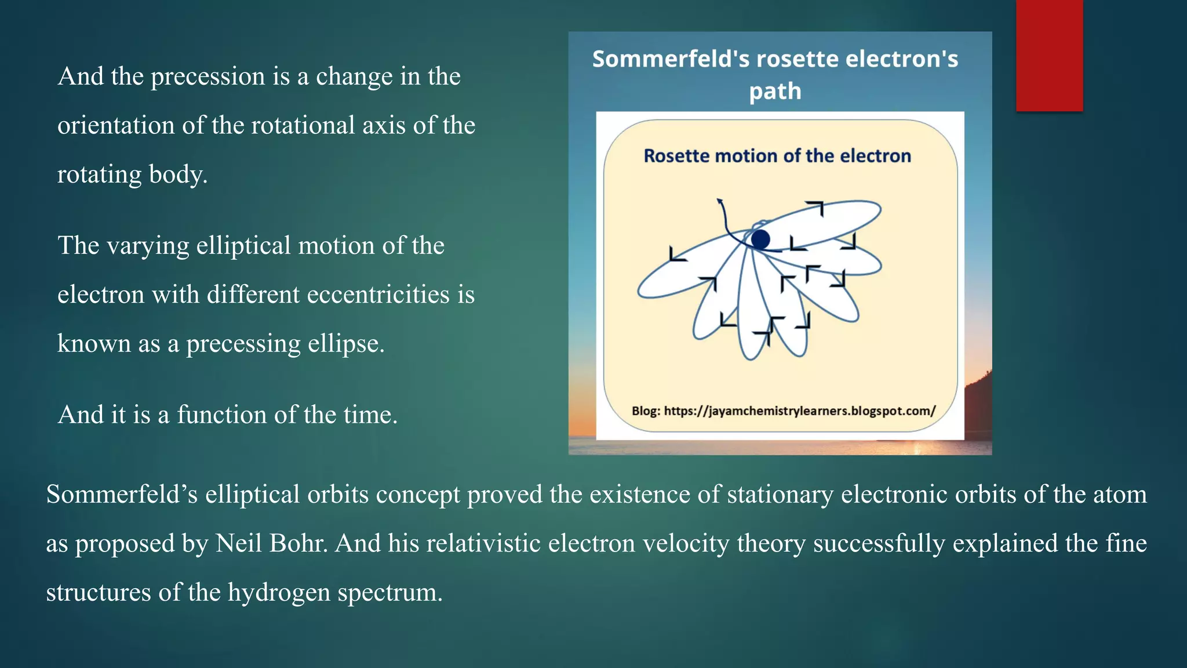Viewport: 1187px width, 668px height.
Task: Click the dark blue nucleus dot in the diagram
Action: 760,239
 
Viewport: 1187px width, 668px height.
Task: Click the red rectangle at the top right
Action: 1049,55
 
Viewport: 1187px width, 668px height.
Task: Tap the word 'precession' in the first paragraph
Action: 207,77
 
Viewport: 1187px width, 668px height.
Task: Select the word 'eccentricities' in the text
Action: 378,295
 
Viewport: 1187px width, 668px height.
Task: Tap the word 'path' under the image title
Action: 775,91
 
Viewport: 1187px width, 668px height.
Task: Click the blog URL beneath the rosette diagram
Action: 799,411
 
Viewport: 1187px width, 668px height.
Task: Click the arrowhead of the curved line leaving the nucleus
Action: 719,201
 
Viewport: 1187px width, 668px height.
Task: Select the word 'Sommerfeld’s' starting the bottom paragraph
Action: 122,495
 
